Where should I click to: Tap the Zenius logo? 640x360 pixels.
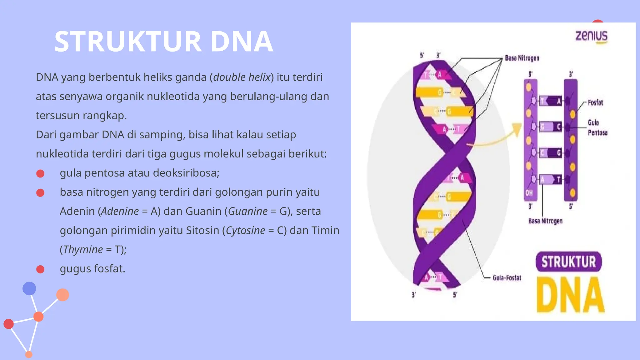click(592, 36)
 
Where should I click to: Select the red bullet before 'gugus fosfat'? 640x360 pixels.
click(40, 269)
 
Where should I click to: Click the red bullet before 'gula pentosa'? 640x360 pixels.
click(40, 173)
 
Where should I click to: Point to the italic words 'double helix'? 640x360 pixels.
click(242, 77)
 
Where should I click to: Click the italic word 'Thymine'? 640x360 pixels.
click(83, 250)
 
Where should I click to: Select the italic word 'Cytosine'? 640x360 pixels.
click(245, 231)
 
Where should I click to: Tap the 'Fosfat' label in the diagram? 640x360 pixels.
click(595, 102)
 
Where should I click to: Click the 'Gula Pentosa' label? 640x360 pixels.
click(597, 127)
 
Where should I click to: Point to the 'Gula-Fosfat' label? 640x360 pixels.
click(507, 278)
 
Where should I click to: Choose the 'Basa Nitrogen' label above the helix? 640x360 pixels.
click(522, 58)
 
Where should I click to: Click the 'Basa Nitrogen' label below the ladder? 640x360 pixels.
click(545, 221)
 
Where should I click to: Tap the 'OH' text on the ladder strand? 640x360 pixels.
click(529, 193)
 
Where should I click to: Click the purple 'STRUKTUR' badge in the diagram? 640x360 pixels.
click(568, 262)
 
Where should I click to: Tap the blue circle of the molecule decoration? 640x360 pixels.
click(29, 288)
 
